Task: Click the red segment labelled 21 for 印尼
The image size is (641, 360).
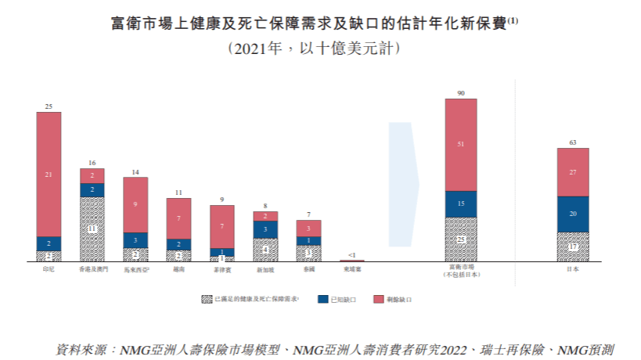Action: point(49,174)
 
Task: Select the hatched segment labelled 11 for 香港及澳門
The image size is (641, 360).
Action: point(92,229)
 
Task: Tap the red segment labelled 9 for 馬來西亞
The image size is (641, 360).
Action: point(135,204)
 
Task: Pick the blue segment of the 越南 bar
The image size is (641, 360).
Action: point(178,244)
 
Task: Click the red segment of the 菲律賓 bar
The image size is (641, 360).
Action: point(221,226)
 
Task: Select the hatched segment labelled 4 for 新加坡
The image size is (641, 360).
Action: point(265,250)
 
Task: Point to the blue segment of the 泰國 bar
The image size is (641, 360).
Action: point(308,240)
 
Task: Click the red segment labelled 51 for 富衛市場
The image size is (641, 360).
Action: point(461,145)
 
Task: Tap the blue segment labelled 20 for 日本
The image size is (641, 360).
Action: point(573,214)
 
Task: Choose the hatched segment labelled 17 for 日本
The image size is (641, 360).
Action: point(573,247)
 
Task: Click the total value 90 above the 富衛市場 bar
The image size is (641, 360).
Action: point(461,93)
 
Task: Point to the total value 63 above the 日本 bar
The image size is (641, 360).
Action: point(573,142)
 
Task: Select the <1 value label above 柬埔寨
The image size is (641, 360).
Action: point(352,255)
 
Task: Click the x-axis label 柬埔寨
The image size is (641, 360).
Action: point(352,269)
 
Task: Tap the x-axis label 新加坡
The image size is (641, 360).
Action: point(265,269)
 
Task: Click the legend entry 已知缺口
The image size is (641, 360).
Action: point(343,300)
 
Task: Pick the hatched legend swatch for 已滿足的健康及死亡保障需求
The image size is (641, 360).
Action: point(207,300)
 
